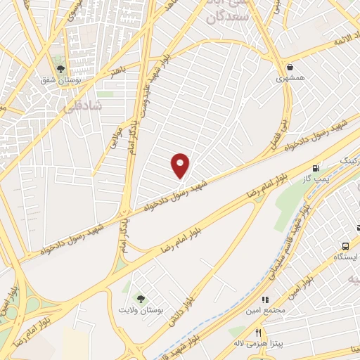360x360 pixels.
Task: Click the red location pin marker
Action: (x=181, y=165)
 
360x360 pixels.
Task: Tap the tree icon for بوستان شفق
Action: (x=60, y=70)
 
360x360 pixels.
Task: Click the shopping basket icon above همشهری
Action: (x=289, y=69)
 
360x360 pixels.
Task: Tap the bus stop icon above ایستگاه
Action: (x=345, y=245)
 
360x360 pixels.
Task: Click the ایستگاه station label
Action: (x=345, y=257)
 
